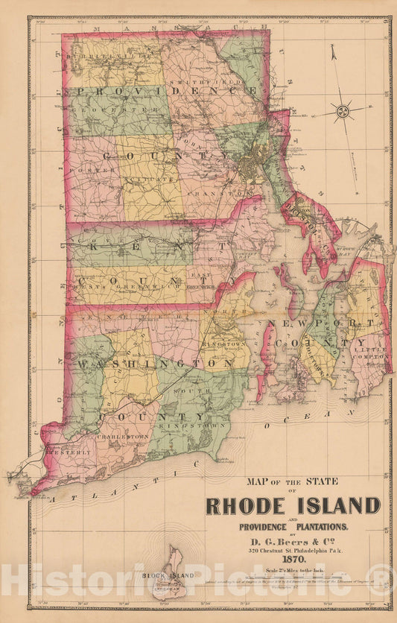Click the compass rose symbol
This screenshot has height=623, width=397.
pyautogui.click(x=343, y=112)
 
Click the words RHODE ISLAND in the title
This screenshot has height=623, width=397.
pyautogui.click(x=292, y=505)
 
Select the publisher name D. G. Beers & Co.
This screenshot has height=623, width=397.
pyautogui.click(x=292, y=540)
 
